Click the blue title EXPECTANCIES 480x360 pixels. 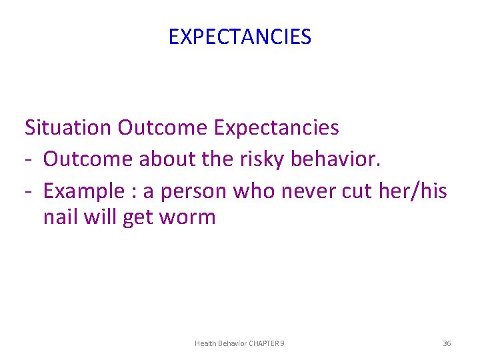point(239,37)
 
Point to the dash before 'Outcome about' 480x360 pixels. point(29,159)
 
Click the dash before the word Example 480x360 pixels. point(29,191)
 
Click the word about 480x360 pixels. point(161,159)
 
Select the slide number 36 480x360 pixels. point(447,343)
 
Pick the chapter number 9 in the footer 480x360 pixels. point(283,343)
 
